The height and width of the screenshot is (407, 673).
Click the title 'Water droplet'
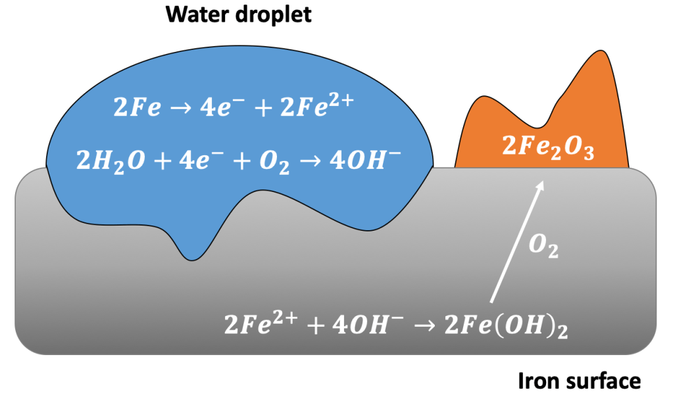(238, 15)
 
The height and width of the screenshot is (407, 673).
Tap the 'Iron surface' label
(580, 381)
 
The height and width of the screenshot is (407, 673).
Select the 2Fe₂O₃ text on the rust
(548, 149)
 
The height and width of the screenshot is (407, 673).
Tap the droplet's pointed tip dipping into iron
(191, 258)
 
